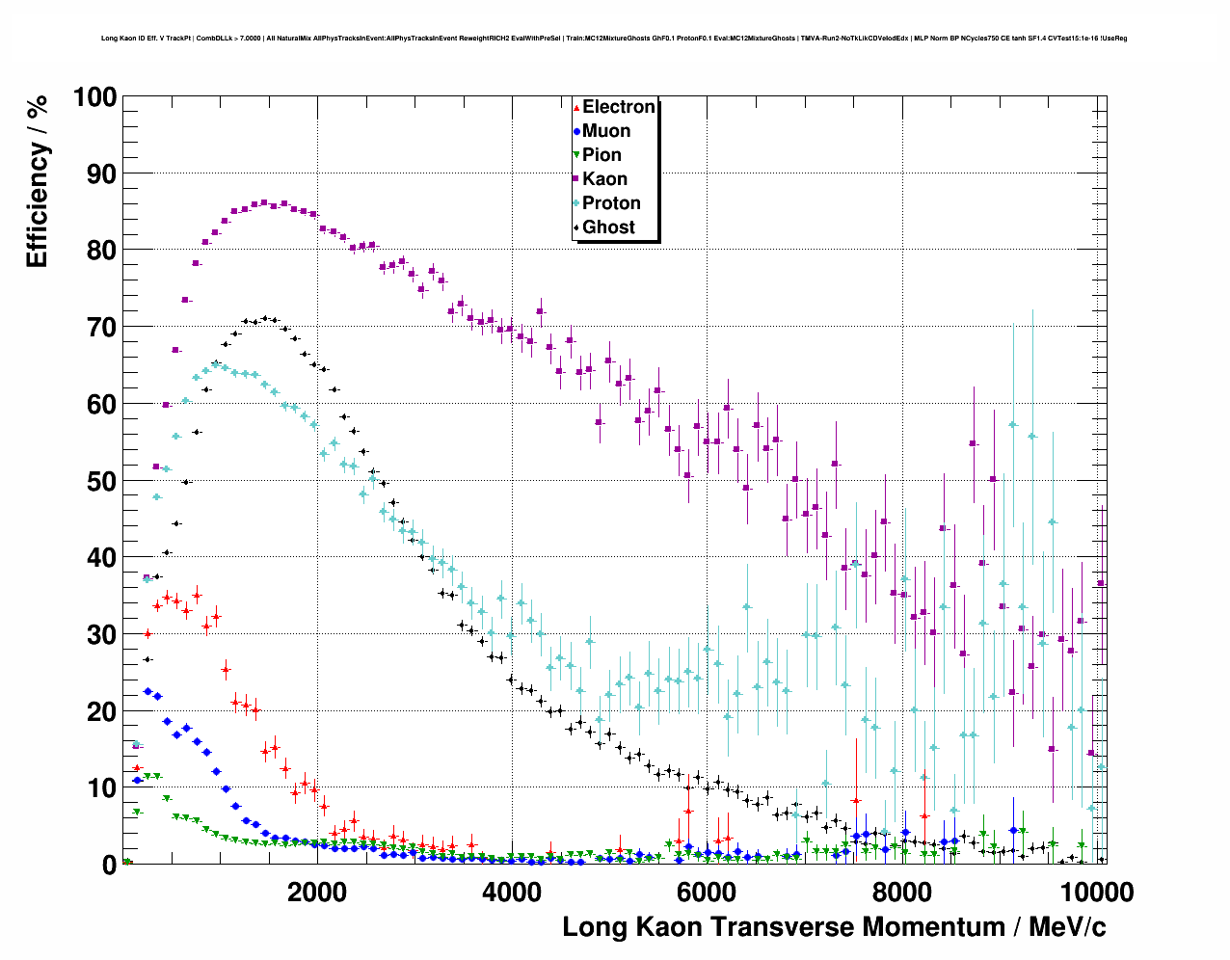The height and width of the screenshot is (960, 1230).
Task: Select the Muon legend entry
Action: (x=606, y=131)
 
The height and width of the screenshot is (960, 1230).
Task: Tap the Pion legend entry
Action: (x=602, y=155)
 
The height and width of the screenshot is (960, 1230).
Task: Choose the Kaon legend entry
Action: (x=604, y=179)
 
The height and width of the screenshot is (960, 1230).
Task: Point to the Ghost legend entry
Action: (x=608, y=227)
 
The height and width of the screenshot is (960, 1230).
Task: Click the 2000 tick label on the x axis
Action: (x=316, y=892)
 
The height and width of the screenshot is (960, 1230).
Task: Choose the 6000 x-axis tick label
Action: (x=706, y=892)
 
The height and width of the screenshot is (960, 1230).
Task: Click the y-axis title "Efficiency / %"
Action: (x=37, y=181)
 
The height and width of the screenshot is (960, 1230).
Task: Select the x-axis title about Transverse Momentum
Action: (x=834, y=927)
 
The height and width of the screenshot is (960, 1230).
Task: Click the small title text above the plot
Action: (x=614, y=39)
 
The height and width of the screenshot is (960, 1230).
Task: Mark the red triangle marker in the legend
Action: (x=576, y=107)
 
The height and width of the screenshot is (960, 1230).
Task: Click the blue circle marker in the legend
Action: (x=576, y=131)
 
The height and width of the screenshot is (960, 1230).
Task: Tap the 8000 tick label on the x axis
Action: (x=900, y=892)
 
